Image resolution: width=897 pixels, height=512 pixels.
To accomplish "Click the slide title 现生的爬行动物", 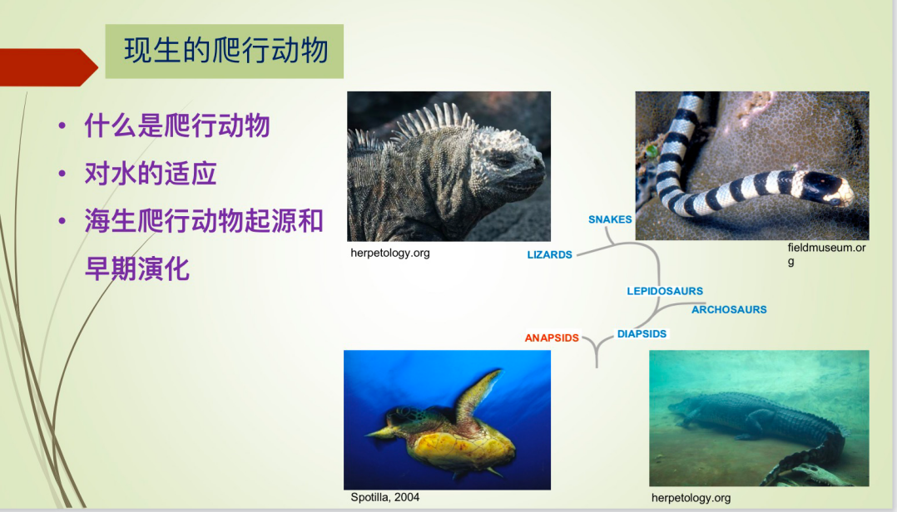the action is click(x=226, y=51).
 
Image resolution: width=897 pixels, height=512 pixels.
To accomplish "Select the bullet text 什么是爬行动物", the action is click(x=176, y=126).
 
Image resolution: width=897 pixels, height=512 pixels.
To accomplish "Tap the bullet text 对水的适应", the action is click(x=151, y=174).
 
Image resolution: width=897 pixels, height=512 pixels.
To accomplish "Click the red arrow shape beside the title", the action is click(x=48, y=67).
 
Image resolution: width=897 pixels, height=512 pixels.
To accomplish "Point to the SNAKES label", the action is click(x=610, y=219).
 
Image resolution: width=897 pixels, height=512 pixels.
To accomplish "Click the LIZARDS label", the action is click(x=549, y=255).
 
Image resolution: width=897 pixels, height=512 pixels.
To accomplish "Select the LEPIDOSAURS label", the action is click(x=665, y=291).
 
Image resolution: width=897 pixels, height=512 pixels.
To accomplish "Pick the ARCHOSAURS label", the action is click(x=729, y=310).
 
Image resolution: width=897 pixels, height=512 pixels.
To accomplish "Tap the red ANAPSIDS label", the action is click(x=552, y=337).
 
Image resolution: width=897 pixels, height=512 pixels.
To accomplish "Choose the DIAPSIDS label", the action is click(x=642, y=334).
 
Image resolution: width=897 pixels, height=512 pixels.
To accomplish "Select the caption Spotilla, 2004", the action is click(x=384, y=497).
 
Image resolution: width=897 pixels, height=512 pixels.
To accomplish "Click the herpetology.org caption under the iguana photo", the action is click(x=389, y=253).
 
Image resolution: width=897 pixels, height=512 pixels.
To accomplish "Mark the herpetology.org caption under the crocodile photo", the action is click(x=691, y=498).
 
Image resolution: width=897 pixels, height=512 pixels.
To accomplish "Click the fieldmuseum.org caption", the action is click(x=826, y=254).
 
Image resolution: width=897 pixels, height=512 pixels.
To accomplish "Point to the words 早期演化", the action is click(x=136, y=268).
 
